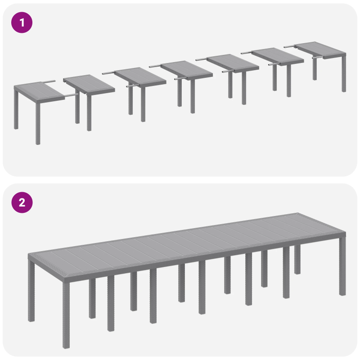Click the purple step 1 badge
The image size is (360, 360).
pyautogui.click(x=22, y=22)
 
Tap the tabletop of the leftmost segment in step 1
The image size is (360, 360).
pyautogui.click(x=38, y=91)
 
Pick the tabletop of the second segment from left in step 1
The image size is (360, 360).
pyautogui.click(x=89, y=84)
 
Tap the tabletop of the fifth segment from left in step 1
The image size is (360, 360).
pyautogui.click(x=233, y=63)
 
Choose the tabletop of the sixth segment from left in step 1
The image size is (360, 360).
pyautogui.click(x=278, y=56)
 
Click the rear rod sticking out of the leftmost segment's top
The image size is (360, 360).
pyautogui.click(x=49, y=81)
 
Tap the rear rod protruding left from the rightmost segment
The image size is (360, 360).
pyautogui.click(x=290, y=45)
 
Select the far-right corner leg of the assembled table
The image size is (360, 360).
pyautogui.click(x=342, y=270)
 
